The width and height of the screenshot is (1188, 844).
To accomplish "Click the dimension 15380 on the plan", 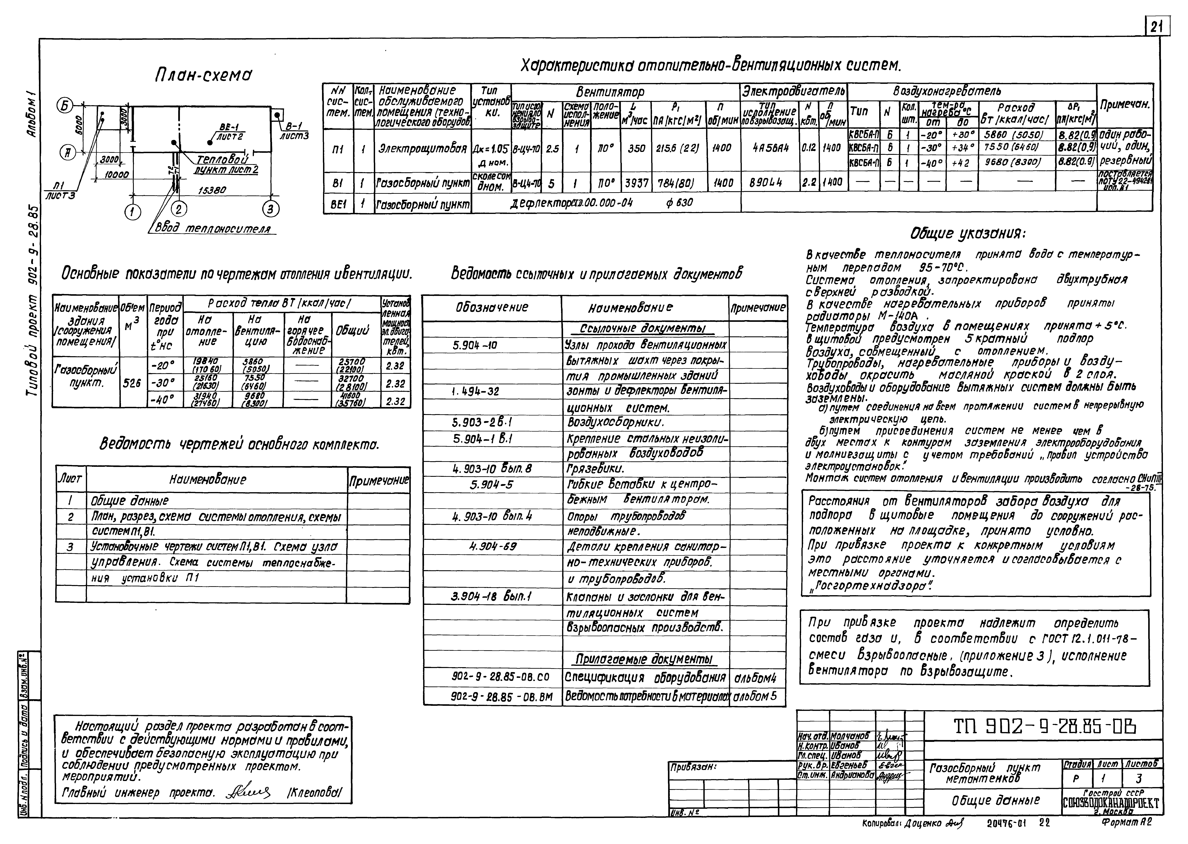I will (212, 191).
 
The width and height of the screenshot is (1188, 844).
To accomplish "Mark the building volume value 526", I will (132, 383).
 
